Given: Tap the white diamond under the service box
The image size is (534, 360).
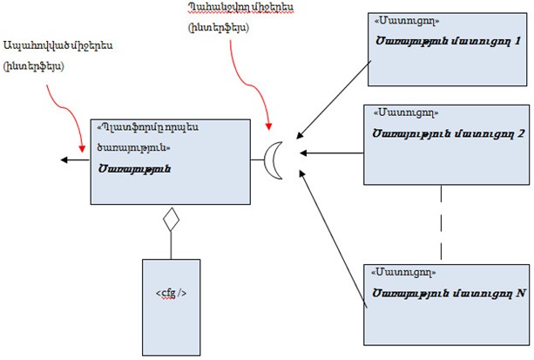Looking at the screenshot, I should point(171,219).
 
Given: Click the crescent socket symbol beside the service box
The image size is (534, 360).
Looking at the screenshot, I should point(277,160).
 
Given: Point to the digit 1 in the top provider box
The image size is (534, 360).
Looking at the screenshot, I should point(517,41).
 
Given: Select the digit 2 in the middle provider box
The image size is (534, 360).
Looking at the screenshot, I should point(519,133).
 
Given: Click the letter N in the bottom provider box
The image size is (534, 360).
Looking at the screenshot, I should point(519,293).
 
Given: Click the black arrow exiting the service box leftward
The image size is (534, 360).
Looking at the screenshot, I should point(74,160).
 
